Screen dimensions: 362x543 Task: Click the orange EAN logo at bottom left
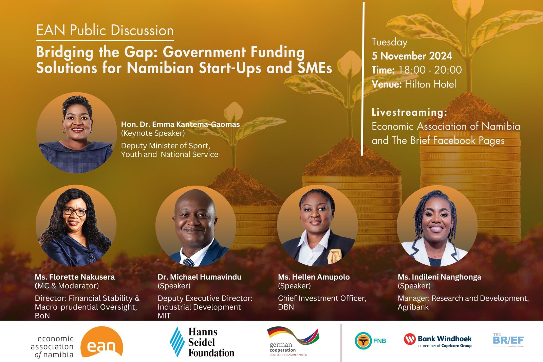pos(101,342)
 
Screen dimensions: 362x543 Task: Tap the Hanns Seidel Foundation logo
pos(202,342)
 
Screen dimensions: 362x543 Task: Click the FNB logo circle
pos(363,341)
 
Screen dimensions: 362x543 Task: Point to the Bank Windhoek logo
pos(438,340)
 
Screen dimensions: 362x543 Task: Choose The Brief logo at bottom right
pos(508,340)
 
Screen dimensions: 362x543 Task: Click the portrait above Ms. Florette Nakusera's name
pos(76,226)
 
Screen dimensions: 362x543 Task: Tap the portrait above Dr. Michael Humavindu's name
pos(196,226)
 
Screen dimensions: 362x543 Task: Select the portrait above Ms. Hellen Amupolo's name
pos(317,226)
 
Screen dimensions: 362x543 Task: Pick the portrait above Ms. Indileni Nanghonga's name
pos(437,226)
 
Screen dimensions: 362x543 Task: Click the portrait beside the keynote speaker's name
pos(77,133)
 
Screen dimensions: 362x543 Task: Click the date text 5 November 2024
pos(412,56)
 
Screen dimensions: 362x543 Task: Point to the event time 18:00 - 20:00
pos(430,70)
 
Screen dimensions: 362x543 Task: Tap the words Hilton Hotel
pos(430,84)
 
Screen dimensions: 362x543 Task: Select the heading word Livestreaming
pos(409,112)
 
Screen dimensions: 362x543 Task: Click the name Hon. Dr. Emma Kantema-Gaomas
pos(180,124)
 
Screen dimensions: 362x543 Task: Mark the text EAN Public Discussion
pos(105,31)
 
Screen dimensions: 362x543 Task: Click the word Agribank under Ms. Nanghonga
pos(413,307)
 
